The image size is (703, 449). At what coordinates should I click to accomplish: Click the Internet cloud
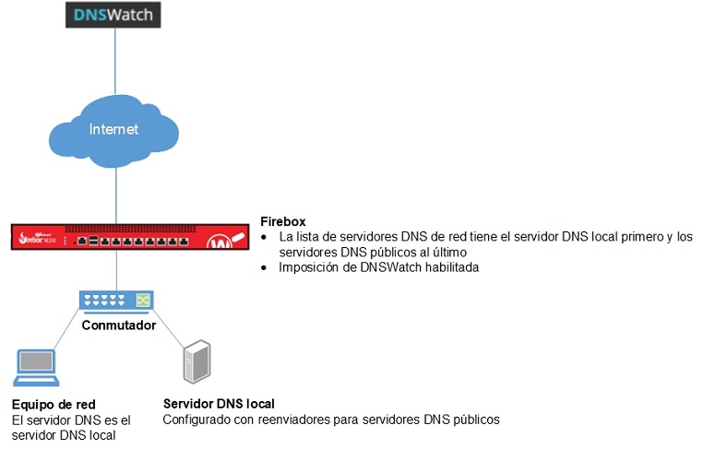tap(114, 130)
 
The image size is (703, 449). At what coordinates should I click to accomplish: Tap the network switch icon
tap(116, 300)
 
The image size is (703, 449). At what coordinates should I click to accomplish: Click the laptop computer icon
tap(35, 367)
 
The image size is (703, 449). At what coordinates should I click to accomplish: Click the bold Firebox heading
tap(283, 222)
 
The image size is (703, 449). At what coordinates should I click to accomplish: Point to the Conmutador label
tap(116, 325)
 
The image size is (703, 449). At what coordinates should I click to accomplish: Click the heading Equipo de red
tap(54, 405)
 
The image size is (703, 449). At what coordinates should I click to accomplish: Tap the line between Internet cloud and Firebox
tap(115, 195)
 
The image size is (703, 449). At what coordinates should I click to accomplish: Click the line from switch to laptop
tap(70, 331)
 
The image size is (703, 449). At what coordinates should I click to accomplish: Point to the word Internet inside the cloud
tap(113, 129)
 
